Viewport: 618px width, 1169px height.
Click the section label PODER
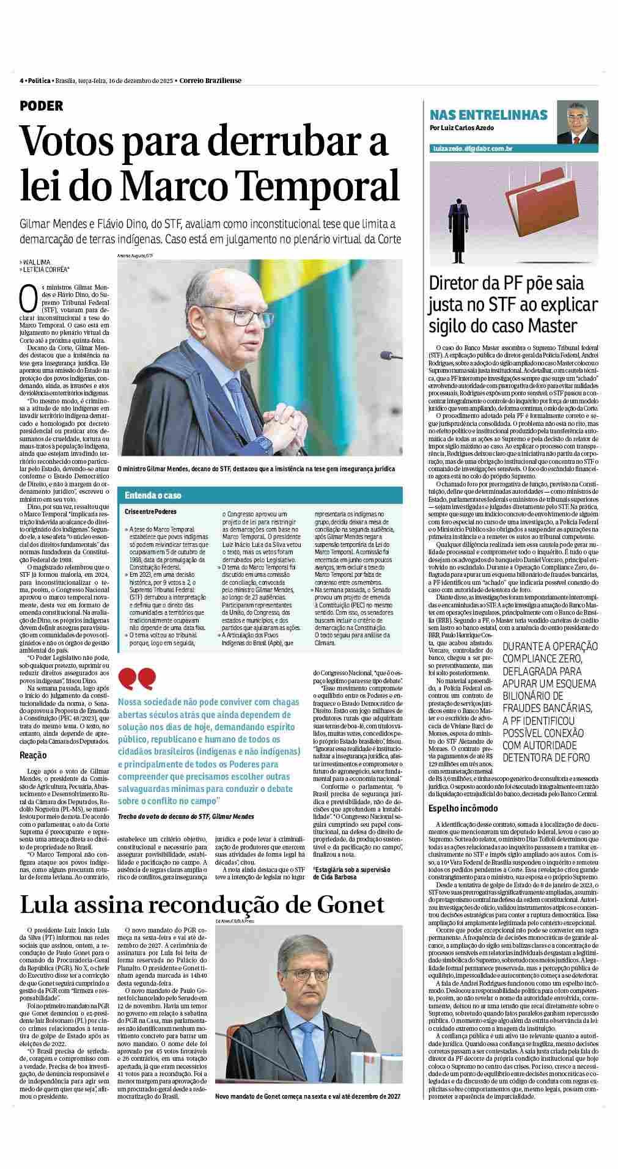(x=42, y=106)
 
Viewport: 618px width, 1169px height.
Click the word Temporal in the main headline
(x=320, y=186)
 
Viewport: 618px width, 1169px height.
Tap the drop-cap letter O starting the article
(x=26, y=297)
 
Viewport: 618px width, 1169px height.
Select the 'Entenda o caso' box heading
(x=153, y=495)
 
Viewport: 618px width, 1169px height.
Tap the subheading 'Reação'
(x=33, y=755)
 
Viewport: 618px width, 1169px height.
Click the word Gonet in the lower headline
(x=348, y=904)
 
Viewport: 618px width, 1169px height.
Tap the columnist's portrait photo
(x=577, y=121)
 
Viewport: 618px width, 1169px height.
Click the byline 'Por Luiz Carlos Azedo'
(x=462, y=128)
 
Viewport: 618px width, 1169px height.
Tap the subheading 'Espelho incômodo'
(x=463, y=808)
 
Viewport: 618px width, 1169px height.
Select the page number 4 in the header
(x=21, y=81)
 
